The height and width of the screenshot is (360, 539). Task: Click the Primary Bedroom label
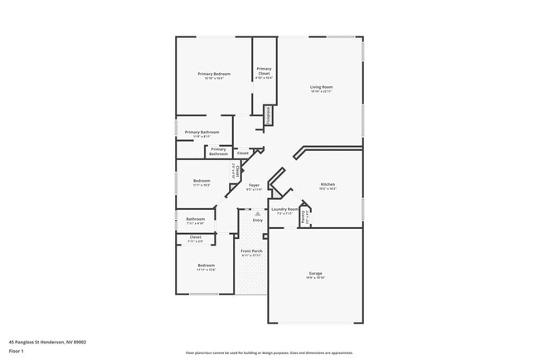[x=214, y=75]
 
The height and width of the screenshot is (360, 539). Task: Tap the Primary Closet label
[x=264, y=71]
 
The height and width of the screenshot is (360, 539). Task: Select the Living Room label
[x=322, y=87]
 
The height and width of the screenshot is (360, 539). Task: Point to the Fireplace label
[x=269, y=115]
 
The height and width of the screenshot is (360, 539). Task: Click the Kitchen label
[x=328, y=184]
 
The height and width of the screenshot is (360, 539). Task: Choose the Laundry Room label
[x=284, y=209]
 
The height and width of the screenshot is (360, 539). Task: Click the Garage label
[x=315, y=273]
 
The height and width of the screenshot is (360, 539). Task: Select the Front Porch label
[x=251, y=251]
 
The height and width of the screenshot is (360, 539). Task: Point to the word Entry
[x=257, y=220]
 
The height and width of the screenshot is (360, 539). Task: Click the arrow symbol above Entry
[x=257, y=213]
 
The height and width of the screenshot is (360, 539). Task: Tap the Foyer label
[x=254, y=186]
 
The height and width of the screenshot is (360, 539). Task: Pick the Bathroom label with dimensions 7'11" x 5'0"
[x=195, y=220]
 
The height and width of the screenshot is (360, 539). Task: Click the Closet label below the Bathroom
[x=195, y=237]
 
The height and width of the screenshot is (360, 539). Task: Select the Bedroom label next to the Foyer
[x=202, y=181]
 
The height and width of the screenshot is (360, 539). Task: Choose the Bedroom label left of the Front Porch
[x=206, y=265]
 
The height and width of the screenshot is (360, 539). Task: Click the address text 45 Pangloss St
[x=47, y=341]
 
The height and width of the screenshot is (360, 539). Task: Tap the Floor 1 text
[x=17, y=351]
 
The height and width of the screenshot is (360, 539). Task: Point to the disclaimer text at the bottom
[x=269, y=352]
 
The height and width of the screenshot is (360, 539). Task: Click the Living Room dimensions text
[x=322, y=91]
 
